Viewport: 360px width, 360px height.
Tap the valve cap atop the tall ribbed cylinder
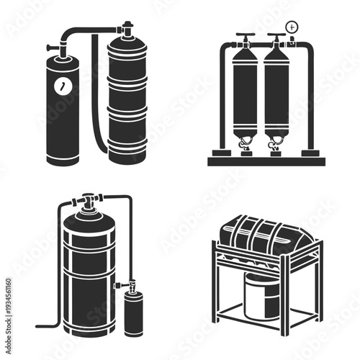click(x=127, y=30)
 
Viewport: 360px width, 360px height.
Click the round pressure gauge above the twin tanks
click(x=292, y=27)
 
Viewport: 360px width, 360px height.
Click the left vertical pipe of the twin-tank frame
click(x=222, y=101)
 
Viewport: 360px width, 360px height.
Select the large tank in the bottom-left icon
click(x=89, y=274)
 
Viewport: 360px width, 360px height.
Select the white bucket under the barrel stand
click(x=261, y=295)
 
